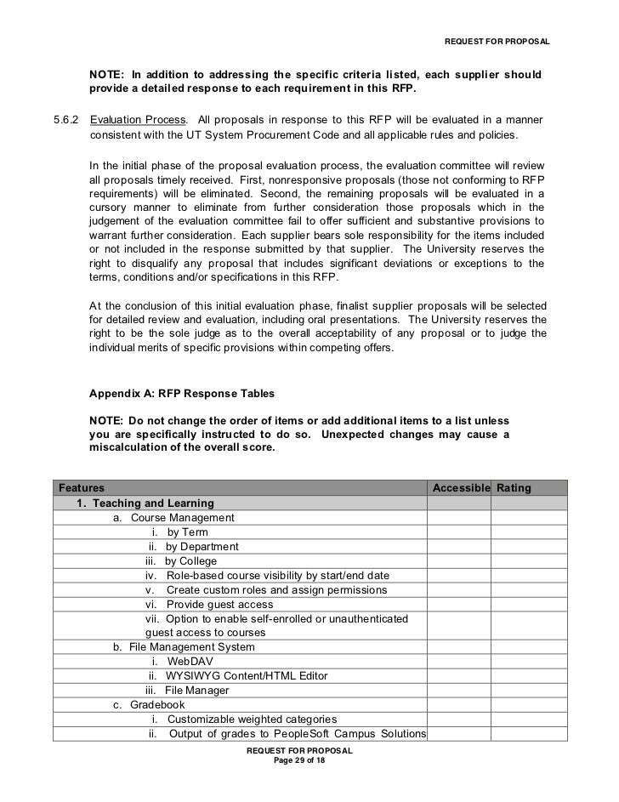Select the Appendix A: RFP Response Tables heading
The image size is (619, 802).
(x=181, y=395)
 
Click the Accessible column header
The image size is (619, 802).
(x=461, y=487)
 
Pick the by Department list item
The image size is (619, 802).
(x=202, y=546)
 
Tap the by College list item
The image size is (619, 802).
(x=190, y=560)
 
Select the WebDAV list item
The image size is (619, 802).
(x=188, y=661)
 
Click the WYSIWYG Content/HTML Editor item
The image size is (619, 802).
(x=247, y=675)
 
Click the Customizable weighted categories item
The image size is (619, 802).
(x=252, y=719)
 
